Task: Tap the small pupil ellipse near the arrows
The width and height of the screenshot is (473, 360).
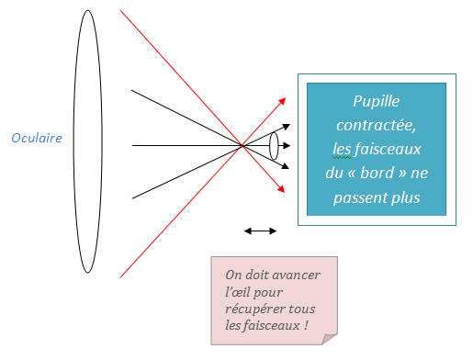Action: [x=274, y=145]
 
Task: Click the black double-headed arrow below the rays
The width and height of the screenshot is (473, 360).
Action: [x=260, y=231]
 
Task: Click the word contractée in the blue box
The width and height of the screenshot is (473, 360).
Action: [x=377, y=123]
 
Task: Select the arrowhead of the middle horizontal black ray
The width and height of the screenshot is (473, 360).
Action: [x=292, y=145]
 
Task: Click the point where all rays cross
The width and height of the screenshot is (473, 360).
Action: [x=242, y=145]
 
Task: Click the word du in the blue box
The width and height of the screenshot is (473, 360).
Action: [x=340, y=171]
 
